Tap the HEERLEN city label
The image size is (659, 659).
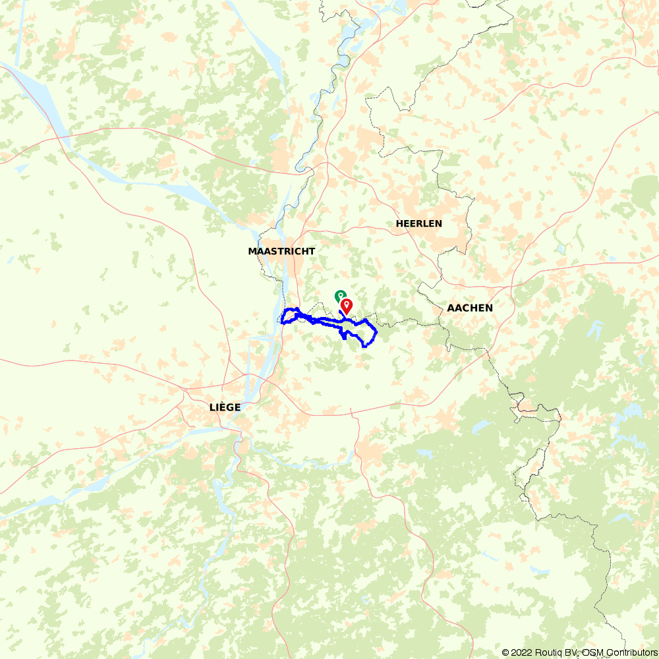pos(418,223)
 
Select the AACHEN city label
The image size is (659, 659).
pos(470,308)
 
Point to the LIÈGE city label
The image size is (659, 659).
pos(225,407)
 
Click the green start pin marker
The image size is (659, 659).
pos(340,297)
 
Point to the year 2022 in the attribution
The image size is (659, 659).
pos(521,652)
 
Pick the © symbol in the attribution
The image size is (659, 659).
pos(505,652)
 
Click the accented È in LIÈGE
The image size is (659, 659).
pos(222,407)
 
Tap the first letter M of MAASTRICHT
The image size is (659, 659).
pos(252,251)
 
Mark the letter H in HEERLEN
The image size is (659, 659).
pos(399,223)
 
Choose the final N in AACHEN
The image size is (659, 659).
pos(489,308)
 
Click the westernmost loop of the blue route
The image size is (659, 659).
pos(285,316)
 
